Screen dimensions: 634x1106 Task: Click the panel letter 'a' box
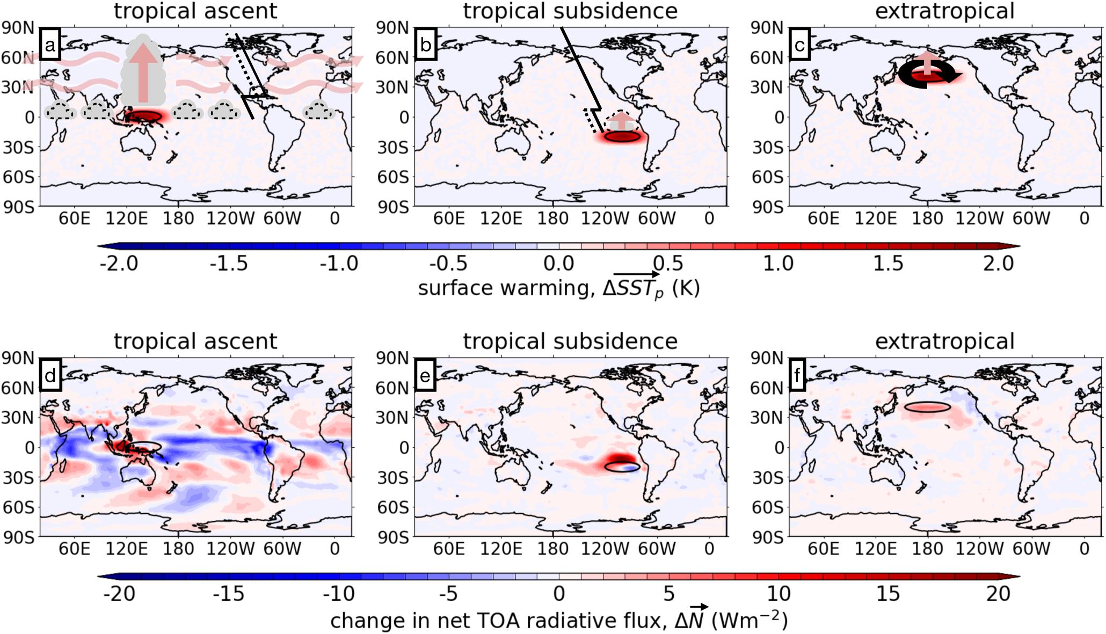50,46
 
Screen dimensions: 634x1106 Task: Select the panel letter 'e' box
425,376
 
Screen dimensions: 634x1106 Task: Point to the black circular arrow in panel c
929,74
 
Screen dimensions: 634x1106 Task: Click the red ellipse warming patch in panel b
622,137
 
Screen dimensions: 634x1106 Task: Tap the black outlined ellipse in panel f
927,407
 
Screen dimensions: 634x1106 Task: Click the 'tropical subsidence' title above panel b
570,11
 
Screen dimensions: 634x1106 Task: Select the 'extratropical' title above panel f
944,341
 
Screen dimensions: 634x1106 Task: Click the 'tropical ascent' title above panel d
195,341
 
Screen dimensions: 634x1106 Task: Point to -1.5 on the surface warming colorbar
229,264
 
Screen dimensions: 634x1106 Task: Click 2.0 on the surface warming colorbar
998,264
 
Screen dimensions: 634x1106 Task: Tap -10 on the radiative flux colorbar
339,594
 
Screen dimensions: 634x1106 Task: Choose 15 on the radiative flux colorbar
888,594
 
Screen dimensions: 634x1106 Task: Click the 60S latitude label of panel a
19,177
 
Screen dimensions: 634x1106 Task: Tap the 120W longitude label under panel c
980,218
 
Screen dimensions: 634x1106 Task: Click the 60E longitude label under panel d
74,549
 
